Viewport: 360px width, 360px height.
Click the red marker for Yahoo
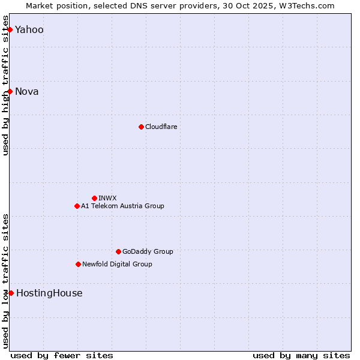pos(10,29)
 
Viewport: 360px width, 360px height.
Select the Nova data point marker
pos(10,91)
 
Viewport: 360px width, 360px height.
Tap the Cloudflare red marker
pos(141,127)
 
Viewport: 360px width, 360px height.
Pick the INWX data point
pos(94,198)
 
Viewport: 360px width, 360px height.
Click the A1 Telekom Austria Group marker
pos(77,206)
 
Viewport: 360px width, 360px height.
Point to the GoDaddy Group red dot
pos(118,251)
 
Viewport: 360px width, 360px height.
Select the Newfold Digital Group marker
pos(78,264)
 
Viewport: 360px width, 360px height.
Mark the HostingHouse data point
pos(11,293)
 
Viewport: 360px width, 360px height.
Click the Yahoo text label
pos(29,30)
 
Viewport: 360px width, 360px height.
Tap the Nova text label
pos(27,92)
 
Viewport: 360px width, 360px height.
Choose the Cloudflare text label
pos(161,127)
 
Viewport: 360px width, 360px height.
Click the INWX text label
pos(107,199)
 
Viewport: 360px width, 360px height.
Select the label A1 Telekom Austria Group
pos(122,206)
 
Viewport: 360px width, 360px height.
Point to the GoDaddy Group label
pos(148,252)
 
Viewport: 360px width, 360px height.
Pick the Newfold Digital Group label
pos(117,265)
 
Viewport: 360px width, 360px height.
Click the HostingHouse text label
pos(49,293)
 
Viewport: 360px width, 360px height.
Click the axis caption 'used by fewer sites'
pos(62,355)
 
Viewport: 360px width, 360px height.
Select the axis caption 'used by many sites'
pos(301,355)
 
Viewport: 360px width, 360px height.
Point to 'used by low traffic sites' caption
pos(5,281)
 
